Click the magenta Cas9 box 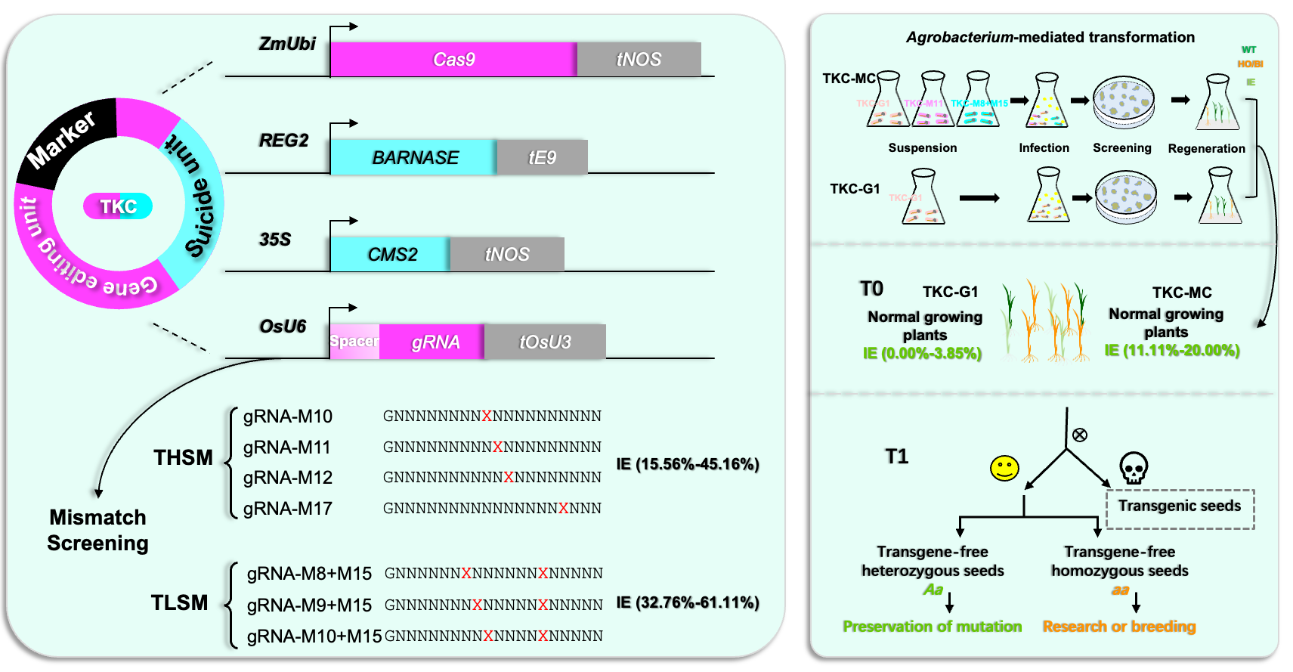[x=453, y=60]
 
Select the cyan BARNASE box [x=414, y=157]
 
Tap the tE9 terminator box [x=542, y=157]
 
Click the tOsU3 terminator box [x=545, y=342]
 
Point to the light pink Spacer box [x=354, y=342]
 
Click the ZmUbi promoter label [x=287, y=44]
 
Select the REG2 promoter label [x=283, y=141]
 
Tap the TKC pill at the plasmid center [x=118, y=206]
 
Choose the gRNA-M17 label [x=288, y=509]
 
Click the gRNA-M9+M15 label [x=309, y=605]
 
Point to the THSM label [x=183, y=458]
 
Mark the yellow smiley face [x=1004, y=469]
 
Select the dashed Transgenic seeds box [x=1180, y=509]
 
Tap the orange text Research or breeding [x=1119, y=627]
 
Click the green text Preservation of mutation [x=932, y=627]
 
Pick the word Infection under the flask [x=1044, y=148]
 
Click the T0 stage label [x=871, y=289]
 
